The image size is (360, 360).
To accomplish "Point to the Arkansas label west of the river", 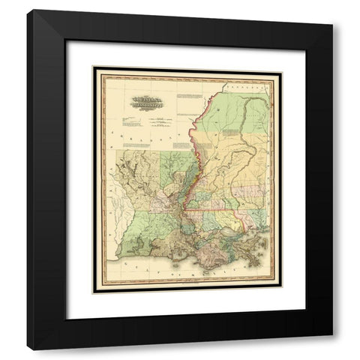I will click(x=142, y=136).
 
